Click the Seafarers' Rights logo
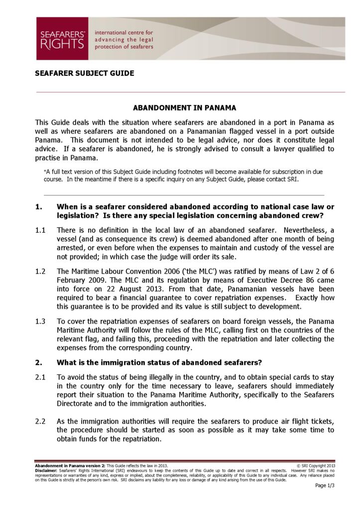point(62,39)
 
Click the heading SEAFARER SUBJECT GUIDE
point(84,73)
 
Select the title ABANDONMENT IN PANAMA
point(184,108)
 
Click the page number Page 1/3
point(325,486)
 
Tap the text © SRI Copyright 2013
point(317,466)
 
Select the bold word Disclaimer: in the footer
point(46,471)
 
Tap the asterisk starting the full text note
point(45,171)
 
